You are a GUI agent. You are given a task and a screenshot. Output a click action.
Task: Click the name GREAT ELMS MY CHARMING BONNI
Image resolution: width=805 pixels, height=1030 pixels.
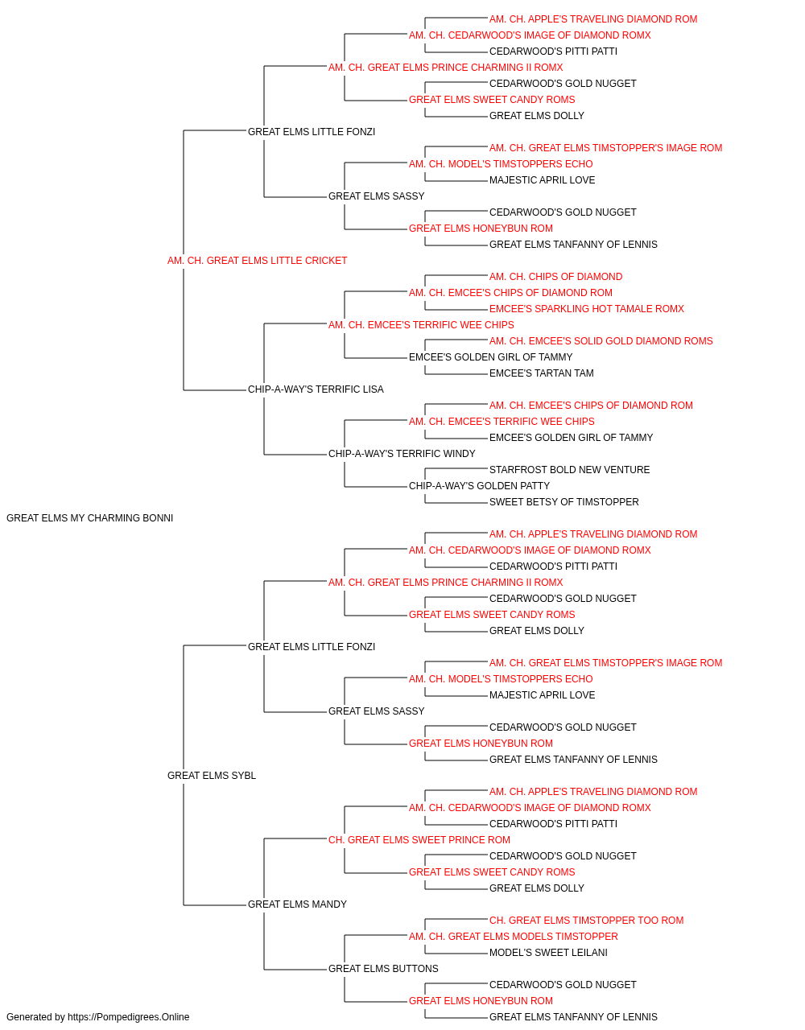click(89, 518)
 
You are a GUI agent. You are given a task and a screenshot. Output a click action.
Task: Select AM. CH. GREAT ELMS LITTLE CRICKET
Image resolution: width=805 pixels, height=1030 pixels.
click(257, 261)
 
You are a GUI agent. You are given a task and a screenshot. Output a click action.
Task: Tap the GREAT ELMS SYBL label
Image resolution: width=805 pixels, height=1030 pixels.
click(212, 776)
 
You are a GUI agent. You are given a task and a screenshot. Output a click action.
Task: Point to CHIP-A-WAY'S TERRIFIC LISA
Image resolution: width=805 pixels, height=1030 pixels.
click(316, 389)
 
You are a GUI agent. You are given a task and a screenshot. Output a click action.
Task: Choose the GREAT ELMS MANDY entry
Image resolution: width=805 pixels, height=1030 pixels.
click(297, 904)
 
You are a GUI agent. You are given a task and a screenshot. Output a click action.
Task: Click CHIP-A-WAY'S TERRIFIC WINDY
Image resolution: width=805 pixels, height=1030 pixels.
click(402, 454)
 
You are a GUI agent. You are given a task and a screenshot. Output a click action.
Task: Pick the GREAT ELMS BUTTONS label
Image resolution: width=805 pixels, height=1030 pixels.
click(383, 968)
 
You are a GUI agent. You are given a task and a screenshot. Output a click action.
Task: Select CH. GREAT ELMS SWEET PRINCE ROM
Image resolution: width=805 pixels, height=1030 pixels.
click(419, 840)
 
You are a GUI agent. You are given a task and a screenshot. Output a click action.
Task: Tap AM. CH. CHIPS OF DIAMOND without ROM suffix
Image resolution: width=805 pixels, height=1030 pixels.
click(555, 277)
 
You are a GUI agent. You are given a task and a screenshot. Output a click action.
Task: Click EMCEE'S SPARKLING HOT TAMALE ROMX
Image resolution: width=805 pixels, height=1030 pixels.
click(587, 309)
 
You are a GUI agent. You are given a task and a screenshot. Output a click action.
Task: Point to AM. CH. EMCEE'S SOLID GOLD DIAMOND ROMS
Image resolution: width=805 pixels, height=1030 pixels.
click(601, 341)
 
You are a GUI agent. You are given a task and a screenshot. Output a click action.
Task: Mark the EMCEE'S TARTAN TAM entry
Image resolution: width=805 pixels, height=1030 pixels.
click(542, 373)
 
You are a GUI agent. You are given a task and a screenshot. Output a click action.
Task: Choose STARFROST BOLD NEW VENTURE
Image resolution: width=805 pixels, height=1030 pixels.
click(569, 470)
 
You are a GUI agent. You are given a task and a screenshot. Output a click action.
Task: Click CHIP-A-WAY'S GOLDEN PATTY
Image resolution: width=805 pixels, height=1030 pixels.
click(479, 486)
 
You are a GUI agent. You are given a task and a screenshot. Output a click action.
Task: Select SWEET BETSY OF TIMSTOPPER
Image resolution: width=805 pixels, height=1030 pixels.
click(563, 502)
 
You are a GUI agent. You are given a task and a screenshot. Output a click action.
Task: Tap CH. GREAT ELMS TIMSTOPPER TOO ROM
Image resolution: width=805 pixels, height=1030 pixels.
click(587, 921)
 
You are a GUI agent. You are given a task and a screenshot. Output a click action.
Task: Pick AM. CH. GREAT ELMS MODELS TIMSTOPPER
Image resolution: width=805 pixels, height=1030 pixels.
click(514, 937)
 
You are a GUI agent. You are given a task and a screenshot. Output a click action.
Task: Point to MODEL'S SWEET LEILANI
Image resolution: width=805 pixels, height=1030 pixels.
click(548, 953)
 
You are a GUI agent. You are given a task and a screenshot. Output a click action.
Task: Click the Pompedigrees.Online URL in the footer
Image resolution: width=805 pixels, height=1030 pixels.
click(128, 1017)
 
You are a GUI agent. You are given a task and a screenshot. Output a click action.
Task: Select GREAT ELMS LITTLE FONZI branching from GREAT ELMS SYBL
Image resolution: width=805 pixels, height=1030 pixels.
click(312, 646)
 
